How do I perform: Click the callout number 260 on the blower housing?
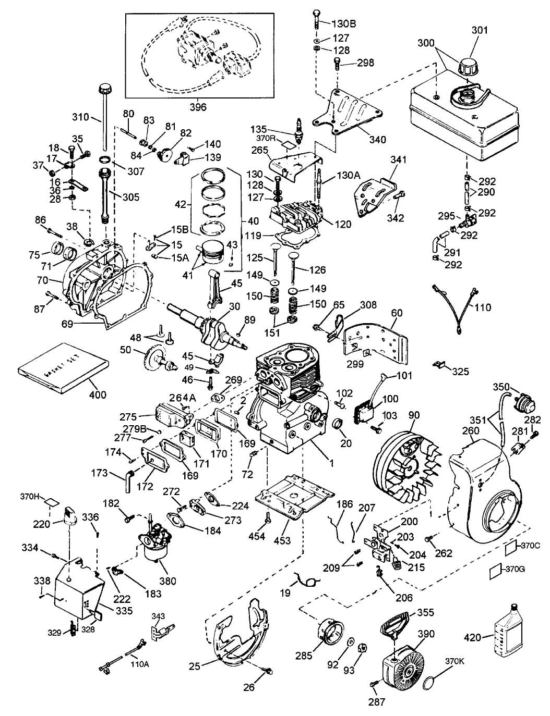tap(472, 430)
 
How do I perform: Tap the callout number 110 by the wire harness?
tap(483, 307)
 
